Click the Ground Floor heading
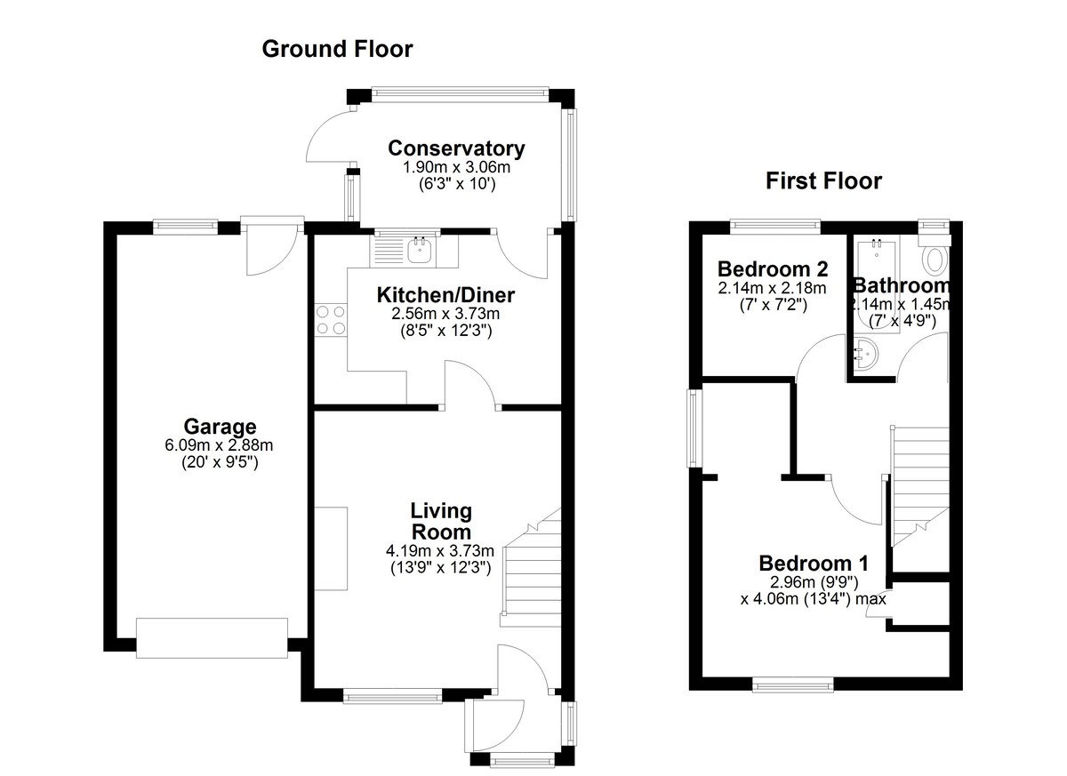(x=337, y=49)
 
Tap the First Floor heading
(x=823, y=181)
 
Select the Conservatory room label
(x=456, y=148)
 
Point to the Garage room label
(x=220, y=426)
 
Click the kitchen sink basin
(x=420, y=250)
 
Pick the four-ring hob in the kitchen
(x=331, y=320)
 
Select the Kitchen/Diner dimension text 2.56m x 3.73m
(x=445, y=314)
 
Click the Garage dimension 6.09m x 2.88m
(x=219, y=445)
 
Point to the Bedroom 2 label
(x=773, y=269)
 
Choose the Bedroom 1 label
(x=814, y=564)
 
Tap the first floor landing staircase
(x=919, y=486)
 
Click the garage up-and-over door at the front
(x=212, y=638)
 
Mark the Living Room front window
(x=393, y=698)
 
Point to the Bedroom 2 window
(x=775, y=227)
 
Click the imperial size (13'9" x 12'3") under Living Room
(x=441, y=568)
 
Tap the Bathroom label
(x=902, y=285)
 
